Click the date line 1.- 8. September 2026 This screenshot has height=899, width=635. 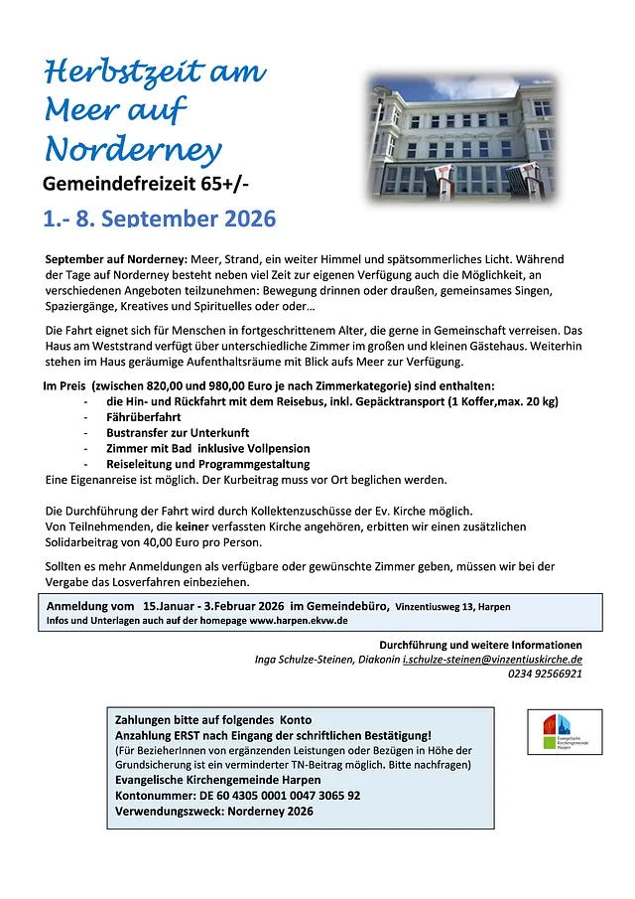[159, 219]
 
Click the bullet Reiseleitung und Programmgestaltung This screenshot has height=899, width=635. [207, 464]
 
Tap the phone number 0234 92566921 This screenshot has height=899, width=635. [545, 674]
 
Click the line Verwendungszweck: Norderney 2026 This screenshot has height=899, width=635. [214, 812]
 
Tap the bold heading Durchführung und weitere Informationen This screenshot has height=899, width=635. [480, 645]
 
